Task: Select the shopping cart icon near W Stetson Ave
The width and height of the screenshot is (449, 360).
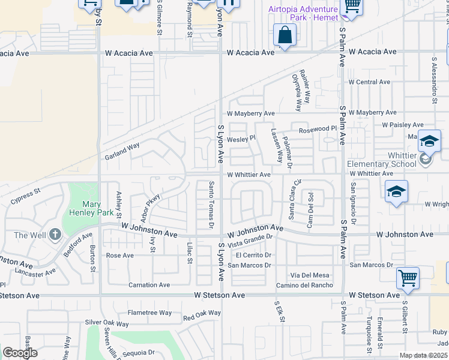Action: coord(408,278)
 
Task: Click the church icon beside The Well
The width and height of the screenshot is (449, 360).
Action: coord(55,235)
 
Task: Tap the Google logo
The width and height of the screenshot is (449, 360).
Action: coord(20,353)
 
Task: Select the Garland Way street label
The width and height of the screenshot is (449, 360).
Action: coord(122,146)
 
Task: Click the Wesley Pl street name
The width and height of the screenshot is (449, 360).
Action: coord(241,137)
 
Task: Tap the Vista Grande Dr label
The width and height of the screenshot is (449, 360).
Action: coord(250,241)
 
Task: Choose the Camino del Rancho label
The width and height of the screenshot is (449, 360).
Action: coord(304,284)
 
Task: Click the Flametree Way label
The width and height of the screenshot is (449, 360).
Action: coord(149,313)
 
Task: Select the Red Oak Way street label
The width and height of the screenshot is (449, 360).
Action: coord(202,313)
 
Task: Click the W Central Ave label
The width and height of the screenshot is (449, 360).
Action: coord(369,82)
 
